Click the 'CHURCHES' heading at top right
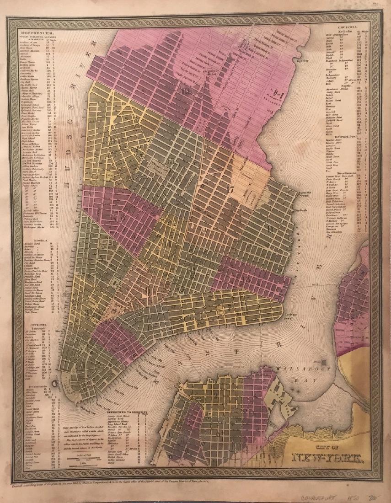click(352, 28)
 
